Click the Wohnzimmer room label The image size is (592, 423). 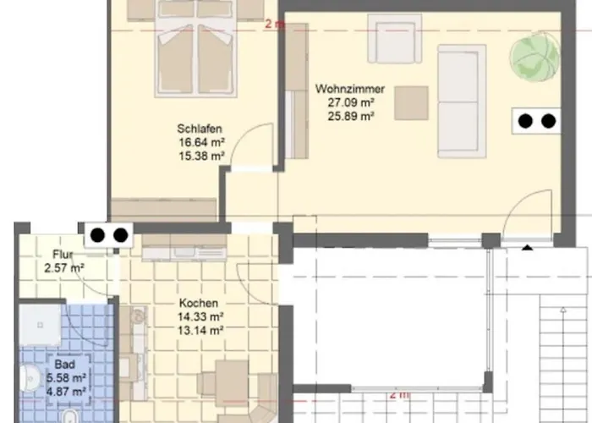[350, 89]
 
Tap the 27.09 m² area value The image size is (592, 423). [351, 102]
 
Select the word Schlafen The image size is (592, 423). [200, 129]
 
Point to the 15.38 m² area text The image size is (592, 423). [201, 156]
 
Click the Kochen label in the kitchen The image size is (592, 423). [199, 303]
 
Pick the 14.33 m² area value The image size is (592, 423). [200, 316]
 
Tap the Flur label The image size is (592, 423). [63, 254]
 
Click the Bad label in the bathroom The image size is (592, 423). [64, 365]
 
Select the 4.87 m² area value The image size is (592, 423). [66, 391]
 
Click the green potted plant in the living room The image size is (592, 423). [534, 57]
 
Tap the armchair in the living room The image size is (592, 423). [395, 39]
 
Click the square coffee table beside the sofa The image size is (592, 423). [412, 103]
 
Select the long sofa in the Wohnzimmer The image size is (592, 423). [462, 102]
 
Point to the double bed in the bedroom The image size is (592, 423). [195, 48]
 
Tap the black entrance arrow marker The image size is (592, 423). [528, 248]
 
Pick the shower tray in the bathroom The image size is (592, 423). [40, 325]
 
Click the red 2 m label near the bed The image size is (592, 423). [275, 24]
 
